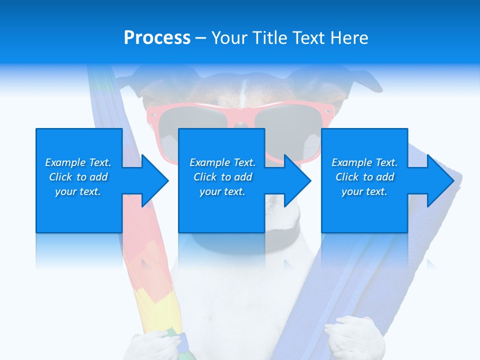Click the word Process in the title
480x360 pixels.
(x=157, y=38)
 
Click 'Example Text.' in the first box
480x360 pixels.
(x=78, y=162)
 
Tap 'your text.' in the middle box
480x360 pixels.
(x=222, y=191)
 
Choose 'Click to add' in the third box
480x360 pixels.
(x=364, y=177)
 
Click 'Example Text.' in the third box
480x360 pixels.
(x=364, y=162)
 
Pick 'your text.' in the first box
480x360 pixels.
(x=78, y=191)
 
